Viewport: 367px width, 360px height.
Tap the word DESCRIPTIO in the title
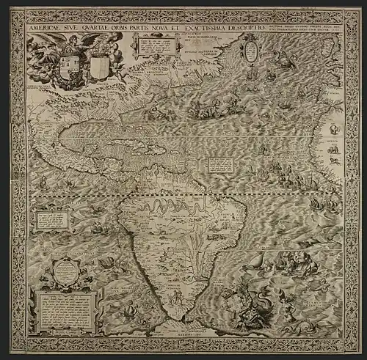[x=254, y=29]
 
